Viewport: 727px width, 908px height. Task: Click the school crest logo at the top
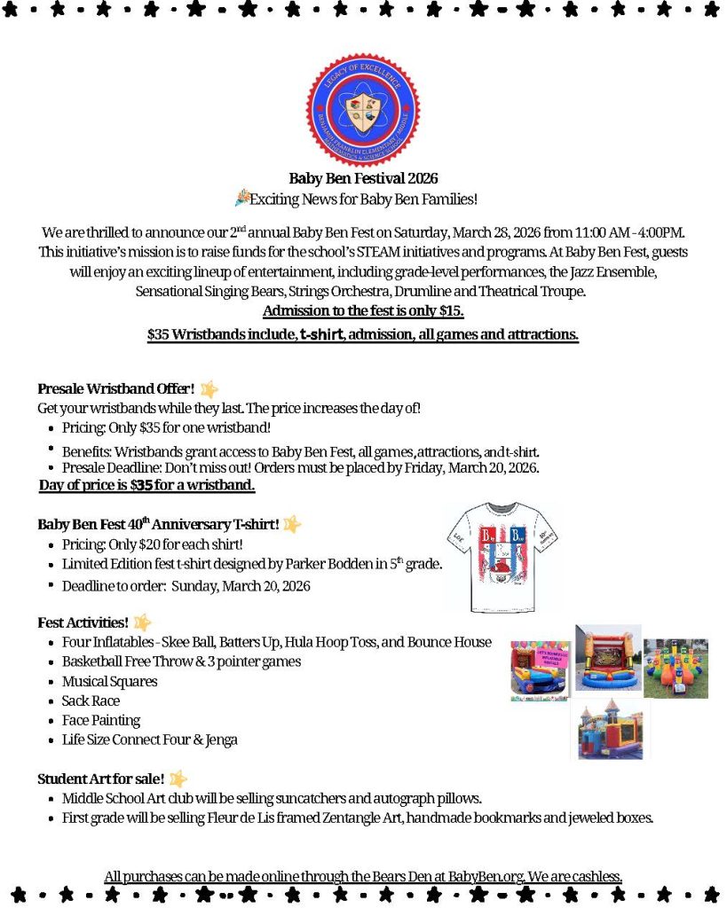(362, 109)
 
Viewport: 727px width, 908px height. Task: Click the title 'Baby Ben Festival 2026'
(363, 178)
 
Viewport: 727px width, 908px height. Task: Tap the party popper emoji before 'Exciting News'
(241, 198)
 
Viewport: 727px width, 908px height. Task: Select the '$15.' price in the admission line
(451, 311)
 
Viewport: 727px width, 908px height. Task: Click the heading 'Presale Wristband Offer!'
(116, 388)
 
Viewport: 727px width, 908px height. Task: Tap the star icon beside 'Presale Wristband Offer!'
(209, 388)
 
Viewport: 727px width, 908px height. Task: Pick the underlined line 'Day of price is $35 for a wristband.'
(147, 485)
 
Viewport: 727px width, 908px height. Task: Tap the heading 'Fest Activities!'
(83, 622)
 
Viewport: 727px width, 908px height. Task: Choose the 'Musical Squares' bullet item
(110, 681)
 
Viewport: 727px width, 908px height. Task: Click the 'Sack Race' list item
(91, 701)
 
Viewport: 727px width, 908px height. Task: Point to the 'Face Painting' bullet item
(101, 720)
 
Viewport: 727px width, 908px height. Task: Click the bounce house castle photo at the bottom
(610, 729)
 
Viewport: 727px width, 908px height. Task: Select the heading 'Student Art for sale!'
(100, 779)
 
